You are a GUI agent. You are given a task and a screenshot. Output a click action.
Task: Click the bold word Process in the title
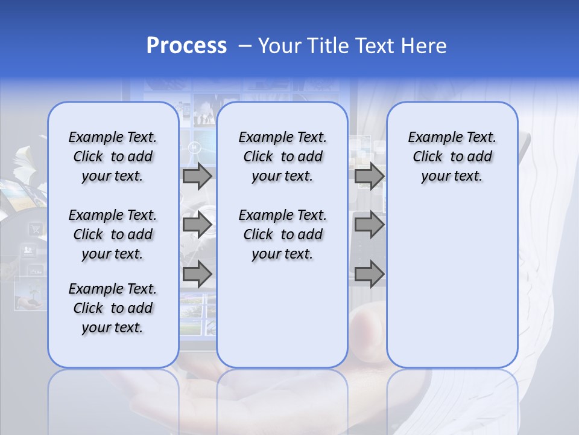(186, 45)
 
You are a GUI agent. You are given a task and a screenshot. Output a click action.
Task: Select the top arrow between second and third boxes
(369, 176)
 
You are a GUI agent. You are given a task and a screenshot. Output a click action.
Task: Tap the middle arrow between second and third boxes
(369, 225)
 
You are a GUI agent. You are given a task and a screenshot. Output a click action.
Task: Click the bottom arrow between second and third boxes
(369, 274)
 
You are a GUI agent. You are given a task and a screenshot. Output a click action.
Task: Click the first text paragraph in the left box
(113, 156)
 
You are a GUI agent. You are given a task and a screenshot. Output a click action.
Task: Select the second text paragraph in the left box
(113, 234)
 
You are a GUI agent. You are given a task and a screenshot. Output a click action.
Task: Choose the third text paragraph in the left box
(113, 308)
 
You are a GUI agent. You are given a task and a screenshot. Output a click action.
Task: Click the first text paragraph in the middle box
(282, 156)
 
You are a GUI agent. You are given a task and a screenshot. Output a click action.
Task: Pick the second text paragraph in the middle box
(282, 234)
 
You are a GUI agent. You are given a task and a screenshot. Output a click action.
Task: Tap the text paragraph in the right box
(452, 156)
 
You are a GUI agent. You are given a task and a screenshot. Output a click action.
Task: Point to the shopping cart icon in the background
(36, 229)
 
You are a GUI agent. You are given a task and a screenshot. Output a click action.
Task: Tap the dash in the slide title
(245, 46)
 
